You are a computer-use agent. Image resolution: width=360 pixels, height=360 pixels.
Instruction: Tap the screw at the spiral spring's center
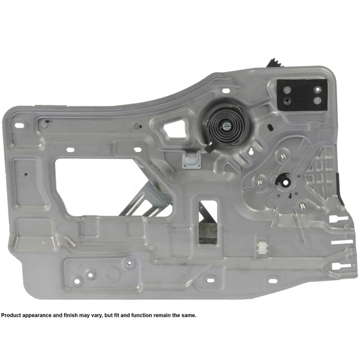(x=229, y=126)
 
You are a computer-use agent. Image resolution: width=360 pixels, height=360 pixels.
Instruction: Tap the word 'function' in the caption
(x=144, y=316)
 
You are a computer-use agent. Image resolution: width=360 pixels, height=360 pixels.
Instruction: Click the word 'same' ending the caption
(x=187, y=316)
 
